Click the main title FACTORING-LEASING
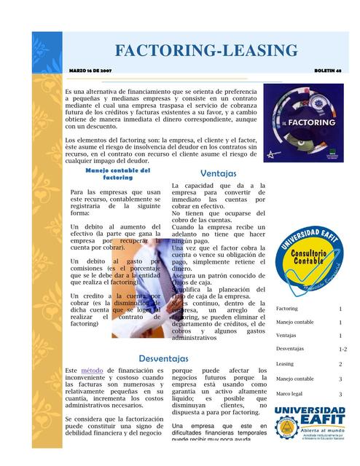pos(206,51)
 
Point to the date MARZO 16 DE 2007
pos(90,70)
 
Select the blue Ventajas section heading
pos(218,174)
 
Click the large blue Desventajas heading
pos(163,359)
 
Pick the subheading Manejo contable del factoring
pos(117,174)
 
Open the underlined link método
pos(92,371)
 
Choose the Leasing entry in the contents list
pos(284,364)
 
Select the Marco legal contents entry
pos(289,394)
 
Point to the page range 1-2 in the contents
pos(343,349)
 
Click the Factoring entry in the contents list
pos(286,309)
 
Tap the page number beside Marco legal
pos(340,394)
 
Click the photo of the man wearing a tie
pos(138,284)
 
